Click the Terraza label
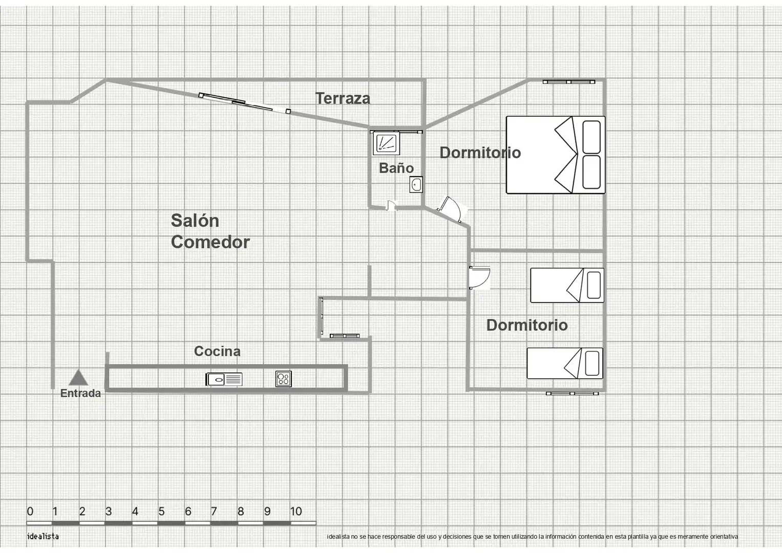click(343, 98)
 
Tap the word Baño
click(396, 168)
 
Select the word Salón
click(195, 220)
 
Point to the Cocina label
click(217, 351)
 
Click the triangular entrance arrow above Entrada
click(78, 378)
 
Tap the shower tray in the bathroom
click(386, 143)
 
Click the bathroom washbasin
click(416, 185)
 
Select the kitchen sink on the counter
click(224, 379)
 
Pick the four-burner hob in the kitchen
click(284, 379)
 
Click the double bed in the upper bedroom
click(556, 155)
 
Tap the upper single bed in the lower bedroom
click(567, 285)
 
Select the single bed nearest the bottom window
click(565, 363)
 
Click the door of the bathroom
click(391, 206)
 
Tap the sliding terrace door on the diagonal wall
click(244, 103)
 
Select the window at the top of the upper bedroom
click(568, 82)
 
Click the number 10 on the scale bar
click(296, 512)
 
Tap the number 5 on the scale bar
click(161, 512)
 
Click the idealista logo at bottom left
click(43, 536)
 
